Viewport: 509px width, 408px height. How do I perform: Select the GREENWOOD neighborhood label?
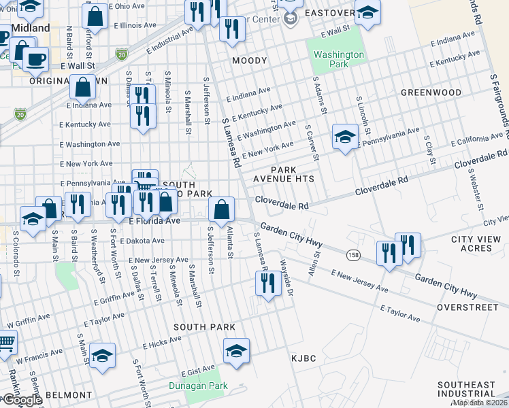(431, 92)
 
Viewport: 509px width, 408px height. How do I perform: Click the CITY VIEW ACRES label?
(480, 243)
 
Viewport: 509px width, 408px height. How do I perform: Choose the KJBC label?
(303, 358)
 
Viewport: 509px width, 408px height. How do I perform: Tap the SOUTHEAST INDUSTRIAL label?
(467, 389)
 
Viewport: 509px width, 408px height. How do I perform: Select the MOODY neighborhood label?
(250, 61)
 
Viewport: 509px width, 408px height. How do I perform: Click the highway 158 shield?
(353, 254)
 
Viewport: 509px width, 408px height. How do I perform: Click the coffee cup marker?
(35, 58)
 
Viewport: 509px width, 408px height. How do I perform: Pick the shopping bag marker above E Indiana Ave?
(82, 87)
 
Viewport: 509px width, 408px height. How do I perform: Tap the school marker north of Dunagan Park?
(236, 350)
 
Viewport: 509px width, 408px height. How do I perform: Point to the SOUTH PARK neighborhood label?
(204, 327)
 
